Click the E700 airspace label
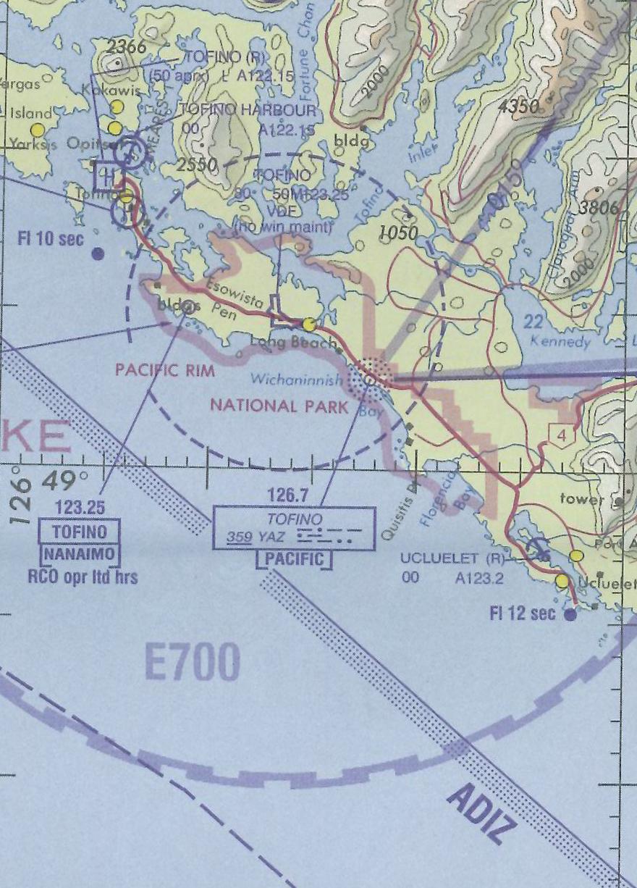pos(192,663)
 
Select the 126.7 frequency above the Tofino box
pos(287,495)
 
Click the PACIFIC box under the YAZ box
pos(295,560)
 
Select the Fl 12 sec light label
pos(523,613)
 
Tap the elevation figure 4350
pos(520,107)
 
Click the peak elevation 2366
pos(126,48)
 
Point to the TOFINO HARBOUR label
pos(248,110)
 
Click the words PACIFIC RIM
pos(165,370)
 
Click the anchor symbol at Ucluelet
pos(539,548)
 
